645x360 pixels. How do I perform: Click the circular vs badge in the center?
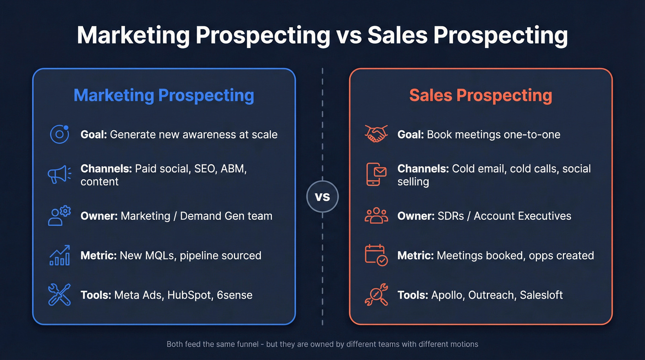322,197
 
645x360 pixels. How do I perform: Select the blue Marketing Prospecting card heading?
164,95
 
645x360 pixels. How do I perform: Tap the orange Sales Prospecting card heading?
481,95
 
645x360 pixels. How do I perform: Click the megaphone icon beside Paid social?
59,175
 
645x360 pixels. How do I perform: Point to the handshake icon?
376,134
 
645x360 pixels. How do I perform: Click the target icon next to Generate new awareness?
59,134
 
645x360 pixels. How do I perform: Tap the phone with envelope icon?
376,175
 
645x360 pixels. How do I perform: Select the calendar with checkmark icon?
376,255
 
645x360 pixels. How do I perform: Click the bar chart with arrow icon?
59,255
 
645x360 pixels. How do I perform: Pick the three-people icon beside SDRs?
376,215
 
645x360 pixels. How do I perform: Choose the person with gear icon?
59,215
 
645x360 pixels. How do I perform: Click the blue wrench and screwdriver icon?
59,295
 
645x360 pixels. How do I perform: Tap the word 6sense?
235,295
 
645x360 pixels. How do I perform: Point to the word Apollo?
446,295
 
